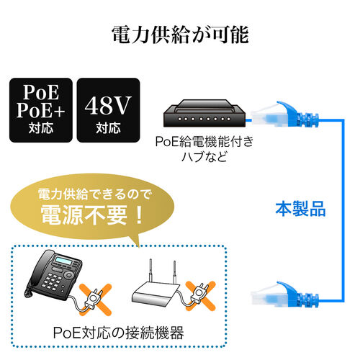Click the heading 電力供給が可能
tap(179, 35)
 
